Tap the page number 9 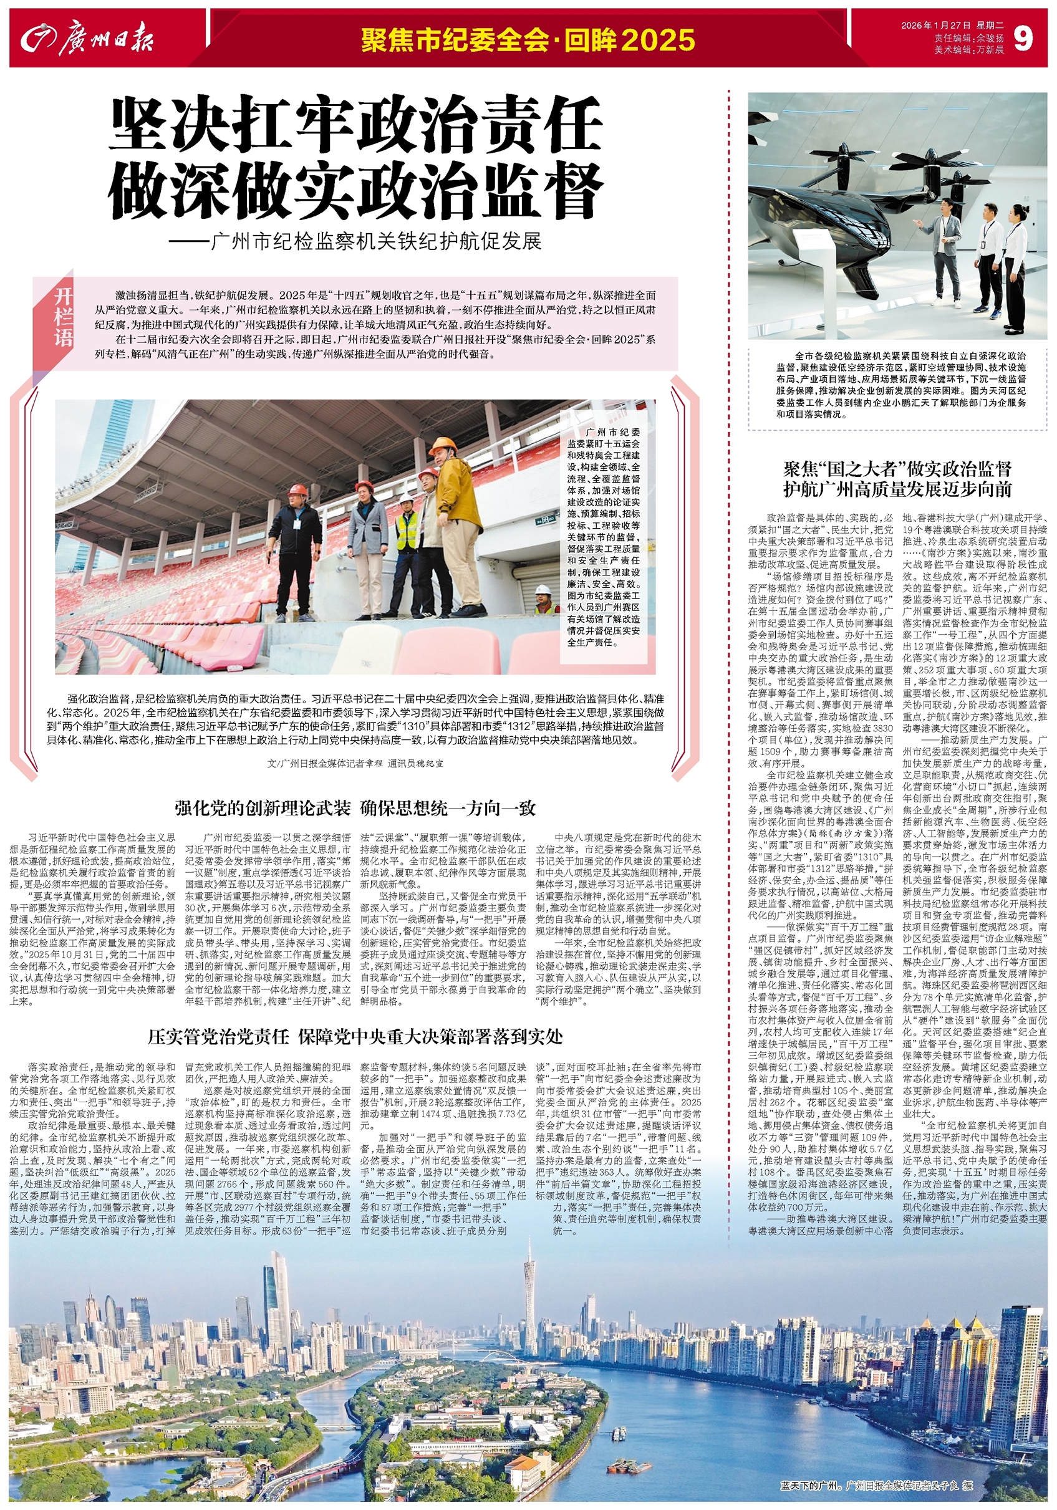pos(1023,39)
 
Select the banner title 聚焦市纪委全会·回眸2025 pos(528,40)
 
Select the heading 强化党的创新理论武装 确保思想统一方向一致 pos(355,807)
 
